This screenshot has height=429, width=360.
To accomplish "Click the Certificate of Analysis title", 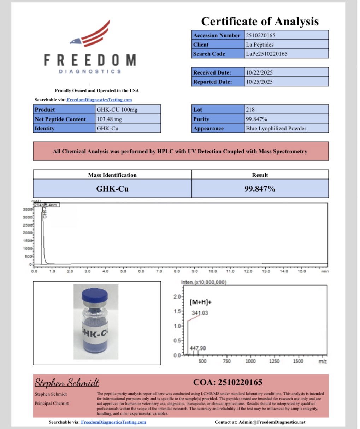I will point(260,22).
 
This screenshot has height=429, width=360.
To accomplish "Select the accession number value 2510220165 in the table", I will point(261,35).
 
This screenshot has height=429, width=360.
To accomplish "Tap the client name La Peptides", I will point(260,45).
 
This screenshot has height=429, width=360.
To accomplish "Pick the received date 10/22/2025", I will point(259,72).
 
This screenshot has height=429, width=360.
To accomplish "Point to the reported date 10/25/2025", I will point(259,82).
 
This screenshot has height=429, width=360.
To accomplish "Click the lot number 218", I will point(250,110).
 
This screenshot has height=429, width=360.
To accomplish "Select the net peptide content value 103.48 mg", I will point(109,119).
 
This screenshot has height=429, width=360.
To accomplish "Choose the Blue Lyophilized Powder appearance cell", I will point(276,128).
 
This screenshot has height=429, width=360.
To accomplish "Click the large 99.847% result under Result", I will point(260,189).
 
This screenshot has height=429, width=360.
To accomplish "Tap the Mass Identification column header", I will point(112,175).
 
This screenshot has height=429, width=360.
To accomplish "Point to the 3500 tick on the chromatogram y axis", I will point(28,209).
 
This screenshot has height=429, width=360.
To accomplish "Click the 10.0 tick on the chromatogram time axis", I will point(212,271).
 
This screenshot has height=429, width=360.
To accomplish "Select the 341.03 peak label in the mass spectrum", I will point(200,313).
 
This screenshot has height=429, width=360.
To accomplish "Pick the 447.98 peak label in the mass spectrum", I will point(198,348).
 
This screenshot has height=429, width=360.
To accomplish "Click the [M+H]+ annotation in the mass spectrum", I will point(201,302).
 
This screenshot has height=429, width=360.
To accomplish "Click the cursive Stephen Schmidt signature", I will point(67,383).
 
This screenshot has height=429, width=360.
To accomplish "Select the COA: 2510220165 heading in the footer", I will point(228,382).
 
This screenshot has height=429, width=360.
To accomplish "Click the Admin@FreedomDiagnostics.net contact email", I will point(272,422).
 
